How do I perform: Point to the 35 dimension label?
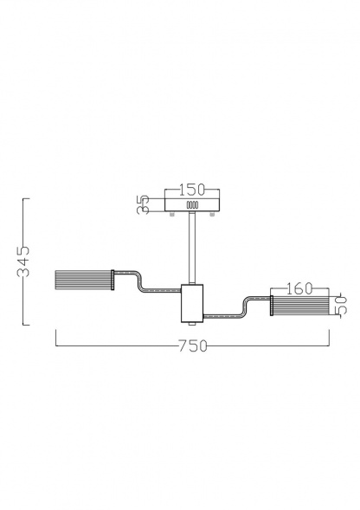pos(145,204)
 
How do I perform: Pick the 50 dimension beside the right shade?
pos(340,306)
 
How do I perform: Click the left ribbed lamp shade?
pos(84,281)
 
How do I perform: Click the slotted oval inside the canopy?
pos(192,206)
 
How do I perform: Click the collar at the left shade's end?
pos(114,281)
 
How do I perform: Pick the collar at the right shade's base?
pos(272,307)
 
